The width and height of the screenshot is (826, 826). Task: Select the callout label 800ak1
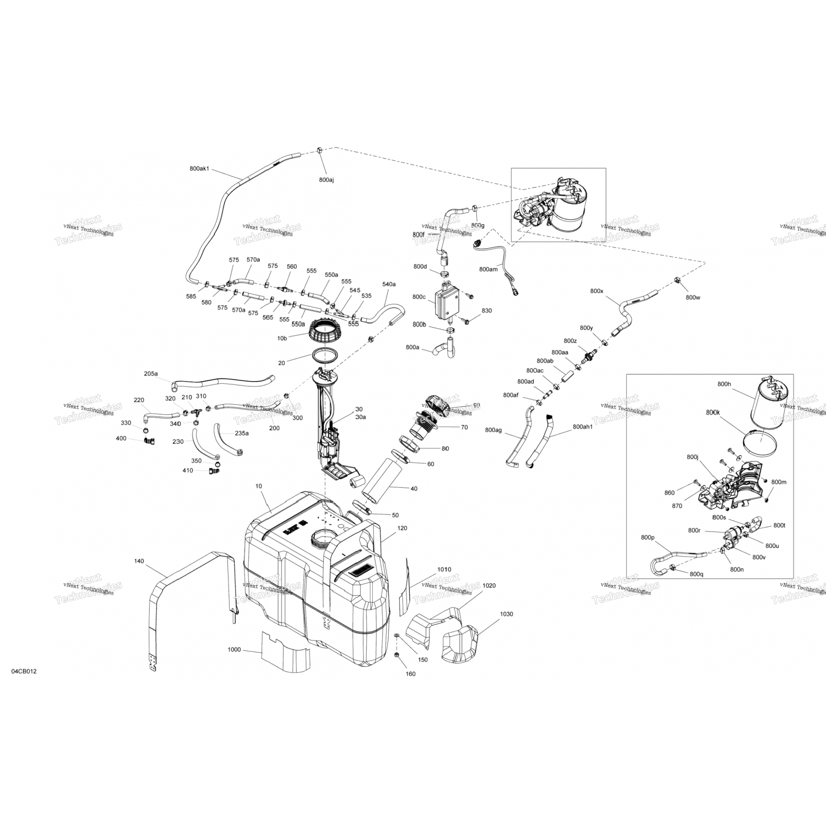click(199, 169)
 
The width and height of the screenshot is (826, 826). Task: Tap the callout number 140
click(139, 561)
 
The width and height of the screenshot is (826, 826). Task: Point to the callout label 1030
click(506, 613)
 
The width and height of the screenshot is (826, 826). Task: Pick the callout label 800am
click(488, 269)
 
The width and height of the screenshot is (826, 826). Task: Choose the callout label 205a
click(150, 374)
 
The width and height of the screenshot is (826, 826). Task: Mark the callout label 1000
click(234, 650)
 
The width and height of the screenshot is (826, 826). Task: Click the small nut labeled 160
click(396, 654)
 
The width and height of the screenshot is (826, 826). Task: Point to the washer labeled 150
click(397, 636)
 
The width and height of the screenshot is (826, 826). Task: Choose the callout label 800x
click(596, 291)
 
